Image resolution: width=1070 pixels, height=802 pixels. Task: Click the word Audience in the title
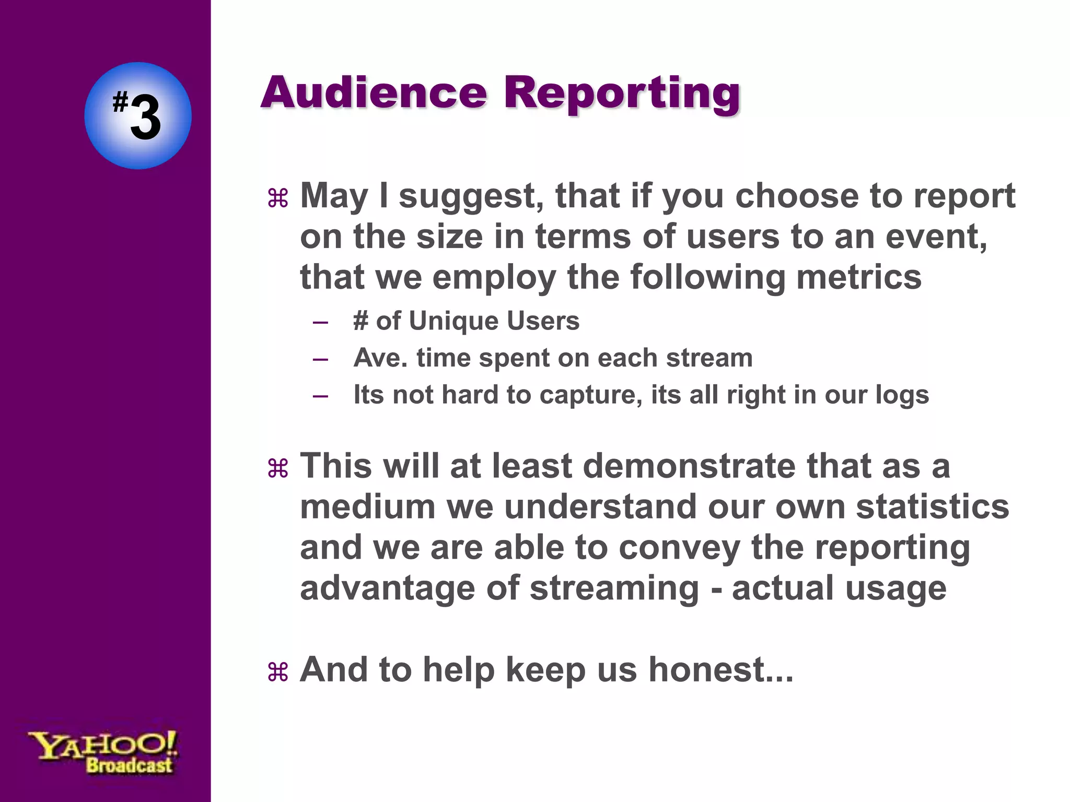(374, 92)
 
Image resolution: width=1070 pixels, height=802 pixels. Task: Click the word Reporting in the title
(622, 94)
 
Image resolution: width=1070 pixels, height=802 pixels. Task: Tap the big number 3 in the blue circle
(145, 118)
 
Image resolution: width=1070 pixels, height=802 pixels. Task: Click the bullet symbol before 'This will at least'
(277, 468)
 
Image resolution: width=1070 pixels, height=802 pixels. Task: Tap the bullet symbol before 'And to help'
(277, 672)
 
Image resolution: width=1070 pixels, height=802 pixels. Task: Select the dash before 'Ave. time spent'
(320, 359)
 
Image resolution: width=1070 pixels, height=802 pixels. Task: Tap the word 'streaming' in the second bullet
(614, 588)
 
